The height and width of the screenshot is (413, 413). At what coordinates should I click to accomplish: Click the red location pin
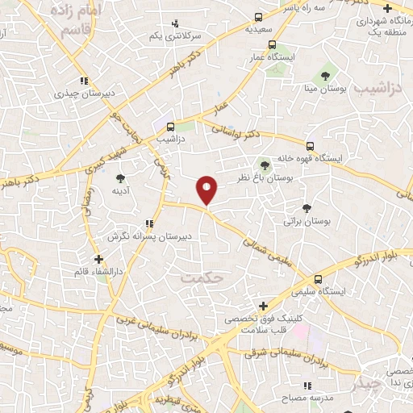pos(207,189)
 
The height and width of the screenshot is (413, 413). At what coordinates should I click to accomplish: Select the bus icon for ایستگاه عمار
pos(273,45)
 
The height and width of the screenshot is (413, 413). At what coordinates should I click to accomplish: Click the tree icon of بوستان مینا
pos(326,76)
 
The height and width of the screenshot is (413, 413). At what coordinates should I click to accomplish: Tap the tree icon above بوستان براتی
pos(305,206)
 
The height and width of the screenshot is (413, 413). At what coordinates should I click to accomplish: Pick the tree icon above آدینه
pos(120,178)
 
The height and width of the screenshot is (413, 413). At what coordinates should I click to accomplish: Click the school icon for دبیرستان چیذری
pos(83,80)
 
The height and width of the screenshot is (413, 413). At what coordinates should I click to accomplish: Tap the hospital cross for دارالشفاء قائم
pos(98,260)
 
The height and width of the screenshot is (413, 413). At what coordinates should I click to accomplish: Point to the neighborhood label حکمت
pos(202,277)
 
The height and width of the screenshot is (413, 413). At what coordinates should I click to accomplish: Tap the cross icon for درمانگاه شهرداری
pos(388,8)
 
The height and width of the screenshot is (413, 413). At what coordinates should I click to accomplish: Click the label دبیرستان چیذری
pos(56,93)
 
